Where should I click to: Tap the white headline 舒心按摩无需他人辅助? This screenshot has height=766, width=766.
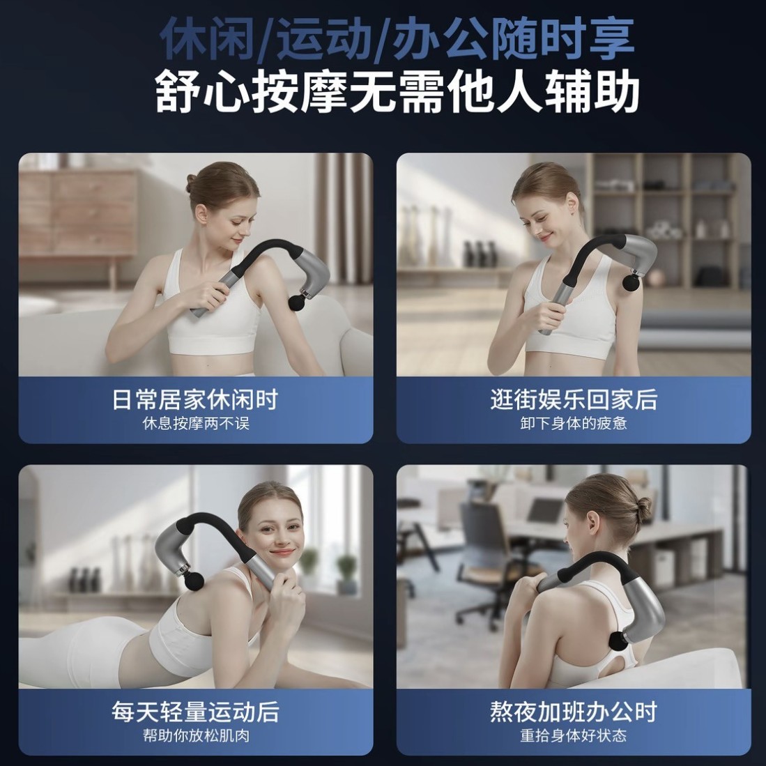pos(397,91)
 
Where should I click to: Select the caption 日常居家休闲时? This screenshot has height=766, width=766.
pos(195,399)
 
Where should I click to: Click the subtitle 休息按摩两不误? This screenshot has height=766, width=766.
pos(195,424)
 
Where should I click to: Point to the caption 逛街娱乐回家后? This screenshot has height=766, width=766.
pos(574,399)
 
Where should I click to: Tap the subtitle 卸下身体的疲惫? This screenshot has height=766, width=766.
pos(574,424)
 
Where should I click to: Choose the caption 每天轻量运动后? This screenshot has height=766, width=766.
pos(195,712)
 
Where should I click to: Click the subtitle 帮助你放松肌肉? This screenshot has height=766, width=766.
pos(195,736)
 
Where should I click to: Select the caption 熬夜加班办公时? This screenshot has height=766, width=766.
pos(574,712)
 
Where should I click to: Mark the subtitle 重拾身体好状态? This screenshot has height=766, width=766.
pos(574,736)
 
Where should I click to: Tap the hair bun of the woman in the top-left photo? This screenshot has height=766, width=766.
pos(191,183)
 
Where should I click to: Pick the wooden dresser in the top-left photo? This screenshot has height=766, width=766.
pos(77,216)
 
